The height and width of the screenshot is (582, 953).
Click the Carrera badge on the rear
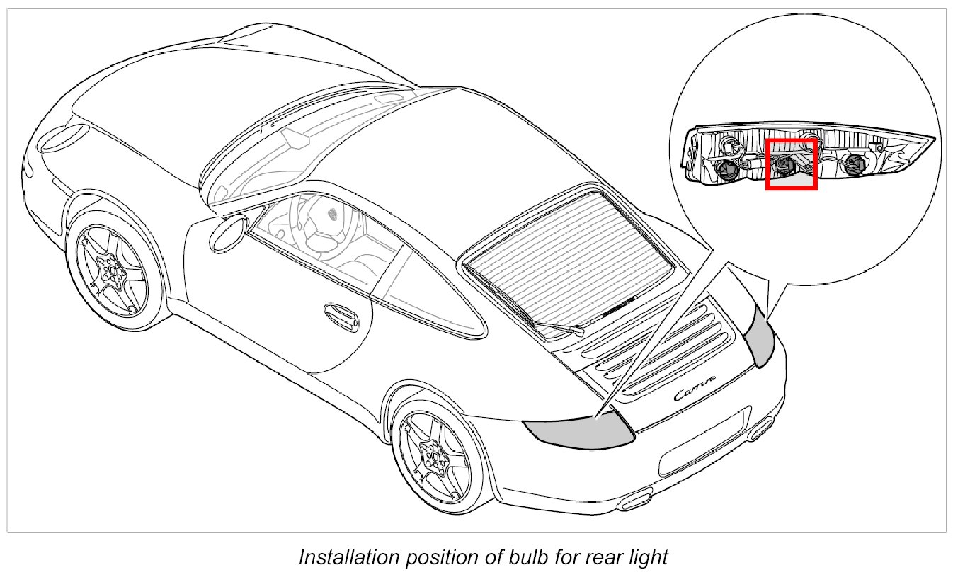click(x=695, y=389)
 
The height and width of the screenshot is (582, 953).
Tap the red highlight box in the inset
click(x=792, y=164)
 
